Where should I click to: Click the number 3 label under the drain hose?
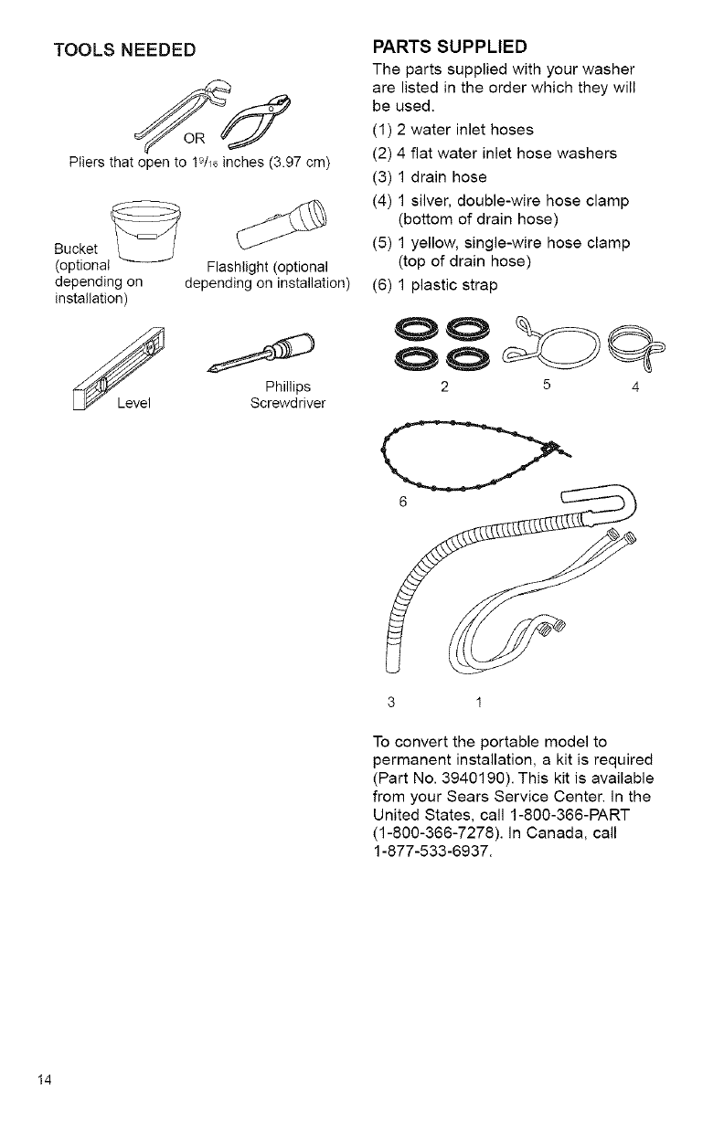[x=390, y=703]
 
